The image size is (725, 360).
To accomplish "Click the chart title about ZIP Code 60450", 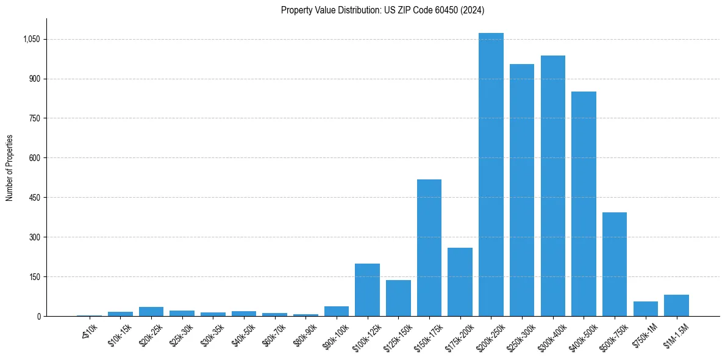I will [x=382, y=10].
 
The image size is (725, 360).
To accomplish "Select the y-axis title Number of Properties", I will [x=10, y=168].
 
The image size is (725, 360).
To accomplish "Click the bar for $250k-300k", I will [x=522, y=190].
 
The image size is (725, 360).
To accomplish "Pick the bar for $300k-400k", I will [x=553, y=186].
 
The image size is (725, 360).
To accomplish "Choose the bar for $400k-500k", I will [x=584, y=204].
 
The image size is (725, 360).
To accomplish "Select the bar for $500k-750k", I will [x=615, y=264].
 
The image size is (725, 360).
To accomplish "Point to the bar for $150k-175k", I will [x=429, y=248].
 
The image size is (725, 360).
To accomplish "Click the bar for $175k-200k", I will [x=460, y=282].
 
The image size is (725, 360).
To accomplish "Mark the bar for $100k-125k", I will [x=367, y=290].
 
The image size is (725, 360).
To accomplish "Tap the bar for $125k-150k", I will [x=398, y=298].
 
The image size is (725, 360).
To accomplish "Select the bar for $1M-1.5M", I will [x=676, y=305].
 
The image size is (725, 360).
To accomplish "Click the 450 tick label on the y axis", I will [x=34, y=198].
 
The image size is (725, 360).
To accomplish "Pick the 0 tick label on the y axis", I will [x=38, y=316].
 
